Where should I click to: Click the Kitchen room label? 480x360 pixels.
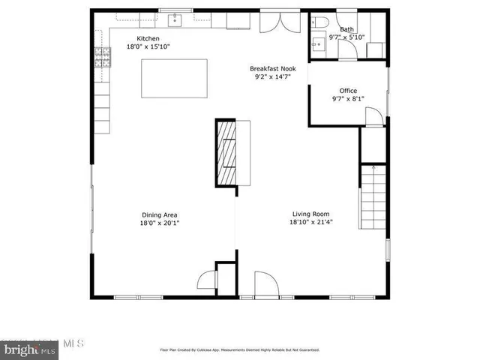(147, 39)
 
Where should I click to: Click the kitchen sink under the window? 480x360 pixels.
(174, 18)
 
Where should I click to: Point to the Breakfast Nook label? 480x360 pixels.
(272, 68)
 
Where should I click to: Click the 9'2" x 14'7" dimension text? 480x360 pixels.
(272, 76)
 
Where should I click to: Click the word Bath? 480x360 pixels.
(347, 30)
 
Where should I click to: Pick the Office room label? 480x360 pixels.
(348, 91)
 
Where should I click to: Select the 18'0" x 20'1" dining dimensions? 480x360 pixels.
(160, 222)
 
